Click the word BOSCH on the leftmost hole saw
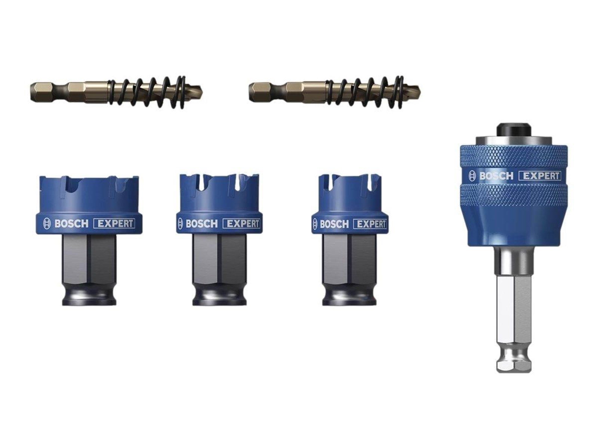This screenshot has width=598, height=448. (71, 224)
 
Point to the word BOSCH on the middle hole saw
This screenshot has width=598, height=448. (201, 224)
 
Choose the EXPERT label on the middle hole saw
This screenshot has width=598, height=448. (241, 224)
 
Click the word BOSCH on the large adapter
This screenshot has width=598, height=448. (496, 175)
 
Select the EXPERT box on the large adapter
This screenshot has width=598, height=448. (541, 175)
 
